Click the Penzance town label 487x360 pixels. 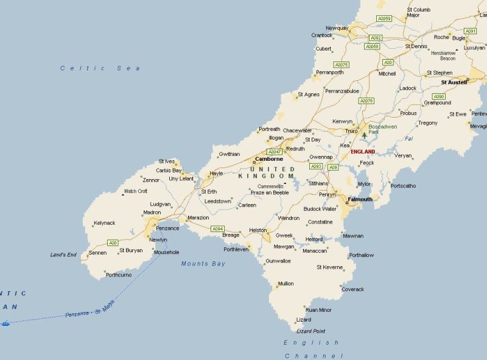[167, 228]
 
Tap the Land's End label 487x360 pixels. [63, 255]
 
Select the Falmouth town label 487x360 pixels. [359, 199]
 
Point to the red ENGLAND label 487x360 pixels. [363, 152]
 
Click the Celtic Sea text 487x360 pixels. [100, 68]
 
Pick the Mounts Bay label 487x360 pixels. [203, 264]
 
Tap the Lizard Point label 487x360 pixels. [310, 331]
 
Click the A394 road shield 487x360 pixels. [217, 229]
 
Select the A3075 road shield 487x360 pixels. [342, 65]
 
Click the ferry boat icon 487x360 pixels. [5, 323]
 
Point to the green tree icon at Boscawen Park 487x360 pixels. [364, 135]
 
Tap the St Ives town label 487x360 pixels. [166, 161]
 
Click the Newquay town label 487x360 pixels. [337, 28]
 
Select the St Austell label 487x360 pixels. [454, 82]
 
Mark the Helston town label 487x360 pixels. [258, 230]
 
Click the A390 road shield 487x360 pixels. [438, 96]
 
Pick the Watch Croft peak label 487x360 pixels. [136, 191]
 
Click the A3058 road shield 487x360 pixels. [372, 46]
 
